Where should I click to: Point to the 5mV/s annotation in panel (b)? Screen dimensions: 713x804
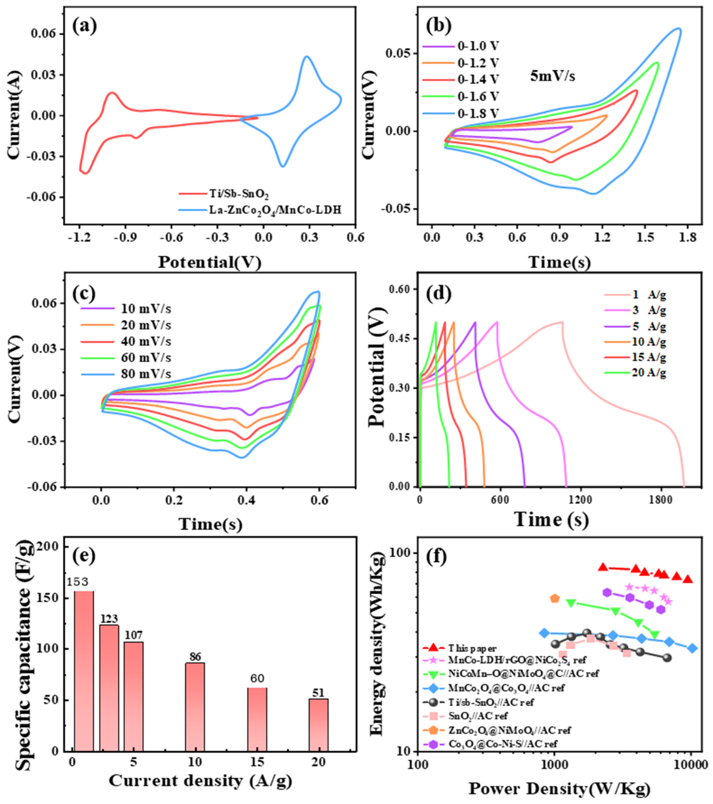click(553, 75)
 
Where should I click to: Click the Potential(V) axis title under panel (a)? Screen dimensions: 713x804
click(210, 262)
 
